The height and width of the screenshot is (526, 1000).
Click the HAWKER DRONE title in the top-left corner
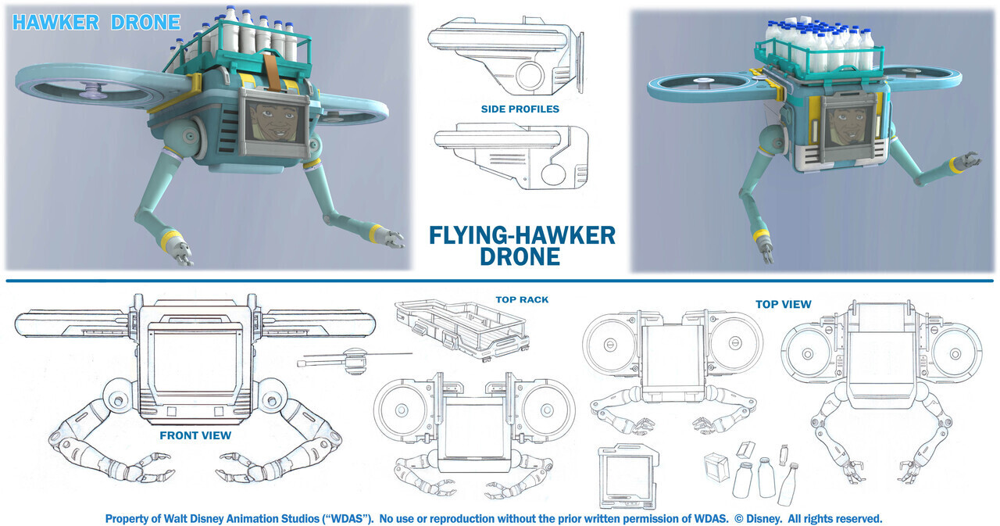(x=96, y=22)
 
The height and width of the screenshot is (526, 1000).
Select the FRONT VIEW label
(x=195, y=435)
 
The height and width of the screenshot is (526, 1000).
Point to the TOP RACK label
(x=522, y=299)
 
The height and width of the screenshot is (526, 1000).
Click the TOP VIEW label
(x=783, y=304)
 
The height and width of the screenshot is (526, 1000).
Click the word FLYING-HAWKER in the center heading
(x=522, y=234)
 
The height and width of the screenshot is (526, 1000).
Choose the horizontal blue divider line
(x=500, y=281)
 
